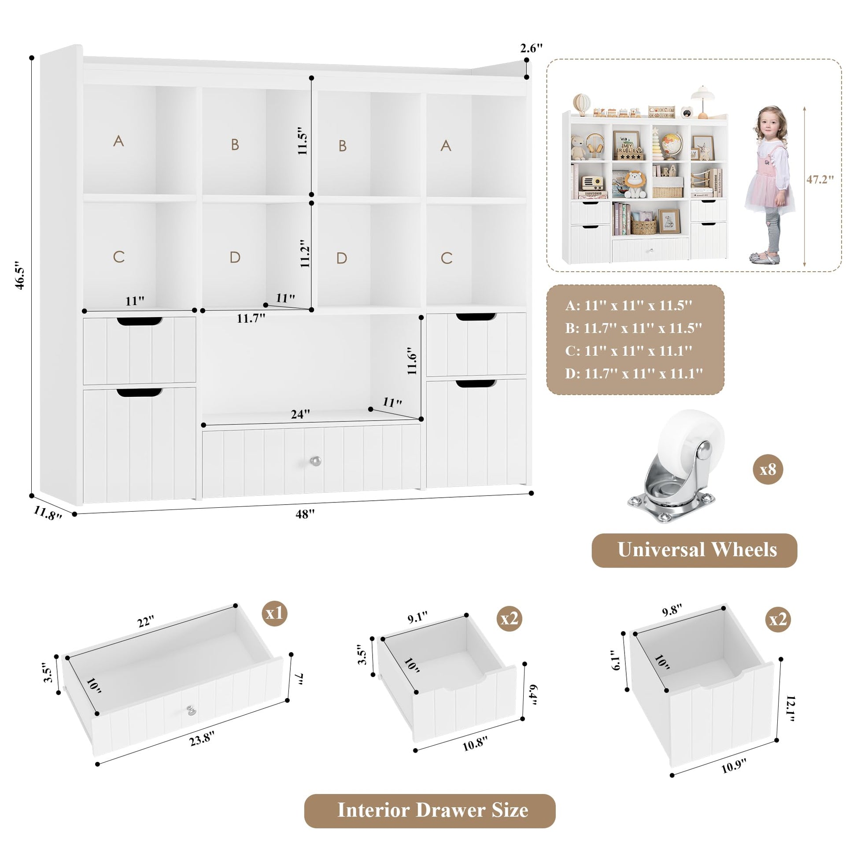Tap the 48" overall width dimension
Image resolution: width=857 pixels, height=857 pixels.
point(305,513)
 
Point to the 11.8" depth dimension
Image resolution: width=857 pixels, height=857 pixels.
point(48,513)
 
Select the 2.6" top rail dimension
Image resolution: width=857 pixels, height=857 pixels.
point(532,48)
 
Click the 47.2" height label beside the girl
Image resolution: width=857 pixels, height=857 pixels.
point(820,179)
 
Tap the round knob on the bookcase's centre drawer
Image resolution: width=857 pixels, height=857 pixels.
point(314,461)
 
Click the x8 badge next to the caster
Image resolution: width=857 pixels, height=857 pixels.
point(768,469)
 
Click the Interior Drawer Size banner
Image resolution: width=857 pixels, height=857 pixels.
point(430,810)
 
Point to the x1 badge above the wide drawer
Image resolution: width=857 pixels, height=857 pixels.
point(274,613)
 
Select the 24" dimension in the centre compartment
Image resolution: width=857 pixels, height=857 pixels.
point(300,414)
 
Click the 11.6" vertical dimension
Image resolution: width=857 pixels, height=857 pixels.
point(412,361)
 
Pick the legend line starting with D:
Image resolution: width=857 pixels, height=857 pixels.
point(634,373)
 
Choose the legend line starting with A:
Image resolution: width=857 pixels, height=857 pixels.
point(628,306)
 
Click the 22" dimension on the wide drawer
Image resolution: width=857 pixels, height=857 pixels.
point(145,621)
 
